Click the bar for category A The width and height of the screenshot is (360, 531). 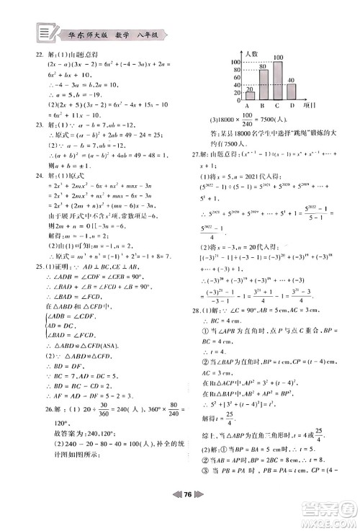pos(250,95)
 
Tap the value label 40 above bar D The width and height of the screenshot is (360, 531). pos(291,80)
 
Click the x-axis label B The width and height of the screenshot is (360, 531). pos(264,105)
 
